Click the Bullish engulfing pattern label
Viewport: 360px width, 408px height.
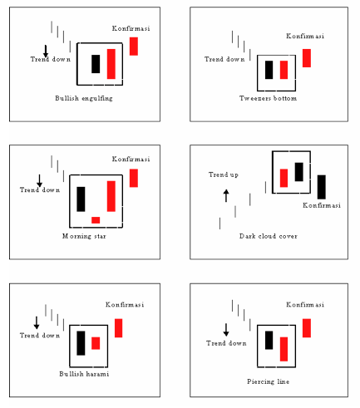pos(83,98)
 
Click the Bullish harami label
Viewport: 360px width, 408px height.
pos(84,375)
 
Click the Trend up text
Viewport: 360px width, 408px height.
pos(223,175)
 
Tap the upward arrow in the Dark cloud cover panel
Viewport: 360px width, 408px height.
pos(225,195)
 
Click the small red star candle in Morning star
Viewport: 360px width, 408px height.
pos(96,220)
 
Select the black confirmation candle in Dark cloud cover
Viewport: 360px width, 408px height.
pos(321,187)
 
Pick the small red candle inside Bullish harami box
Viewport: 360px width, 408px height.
pos(96,343)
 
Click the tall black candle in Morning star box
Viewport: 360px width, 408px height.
pos(81,199)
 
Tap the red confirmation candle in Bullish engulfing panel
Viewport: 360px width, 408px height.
pos(133,47)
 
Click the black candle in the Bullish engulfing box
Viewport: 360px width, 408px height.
pos(96,64)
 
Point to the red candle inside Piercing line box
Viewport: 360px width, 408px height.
pos(284,349)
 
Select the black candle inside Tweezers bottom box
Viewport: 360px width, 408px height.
pos(269,70)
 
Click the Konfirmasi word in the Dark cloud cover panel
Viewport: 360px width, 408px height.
pos(318,205)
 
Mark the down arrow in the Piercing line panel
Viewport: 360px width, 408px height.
pos(225,329)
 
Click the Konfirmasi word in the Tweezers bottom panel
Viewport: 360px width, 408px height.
pos(305,36)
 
